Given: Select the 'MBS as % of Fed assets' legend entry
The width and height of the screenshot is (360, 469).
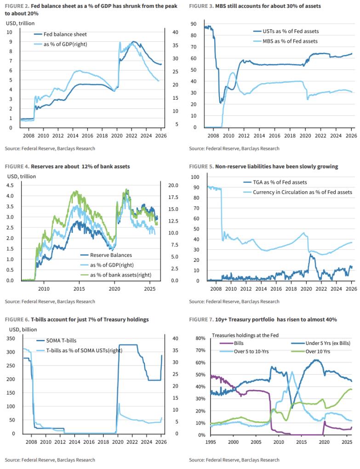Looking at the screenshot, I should (290, 41).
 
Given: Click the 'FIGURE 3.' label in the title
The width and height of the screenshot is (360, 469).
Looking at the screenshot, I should (201, 6).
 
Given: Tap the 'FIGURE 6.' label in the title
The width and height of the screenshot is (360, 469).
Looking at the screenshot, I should (17, 319).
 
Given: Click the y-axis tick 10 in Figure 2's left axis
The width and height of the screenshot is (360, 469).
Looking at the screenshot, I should (10, 32).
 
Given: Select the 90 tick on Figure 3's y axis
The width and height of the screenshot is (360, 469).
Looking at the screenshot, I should (194, 24).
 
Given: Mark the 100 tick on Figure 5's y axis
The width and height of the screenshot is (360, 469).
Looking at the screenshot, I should (195, 177).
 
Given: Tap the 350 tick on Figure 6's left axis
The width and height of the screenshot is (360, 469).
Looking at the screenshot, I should (10, 339).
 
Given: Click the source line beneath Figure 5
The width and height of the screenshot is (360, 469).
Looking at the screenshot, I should (234, 301).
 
